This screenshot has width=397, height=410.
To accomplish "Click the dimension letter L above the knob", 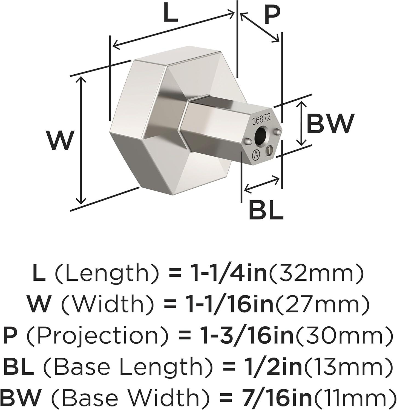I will click(170, 13).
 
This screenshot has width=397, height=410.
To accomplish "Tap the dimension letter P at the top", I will click(271, 16).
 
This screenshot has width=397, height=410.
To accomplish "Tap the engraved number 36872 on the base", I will click(262, 119).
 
